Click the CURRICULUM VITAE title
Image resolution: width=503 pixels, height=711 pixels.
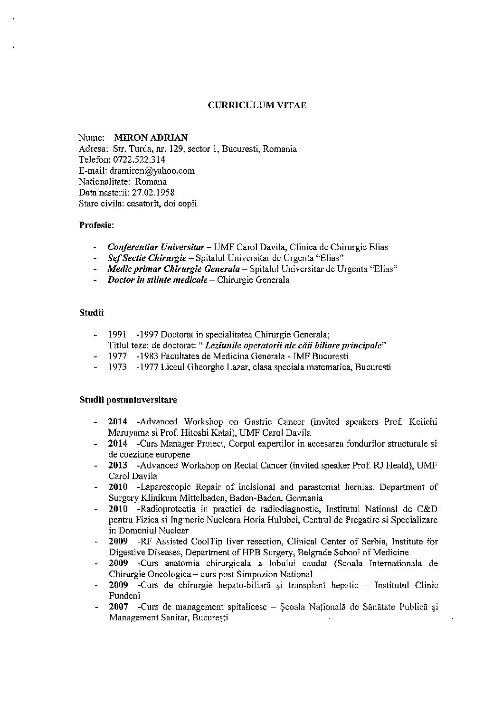click(257, 105)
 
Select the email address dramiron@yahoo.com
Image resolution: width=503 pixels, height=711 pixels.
click(152, 170)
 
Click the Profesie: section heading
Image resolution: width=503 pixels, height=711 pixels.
click(96, 225)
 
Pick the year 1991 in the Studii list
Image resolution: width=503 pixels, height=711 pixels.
click(117, 335)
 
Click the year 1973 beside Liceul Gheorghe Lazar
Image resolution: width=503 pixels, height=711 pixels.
click(117, 367)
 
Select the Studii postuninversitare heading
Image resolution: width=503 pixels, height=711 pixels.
click(128, 400)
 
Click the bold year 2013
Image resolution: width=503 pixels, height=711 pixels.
click(117, 466)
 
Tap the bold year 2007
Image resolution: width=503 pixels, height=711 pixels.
click(117, 607)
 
